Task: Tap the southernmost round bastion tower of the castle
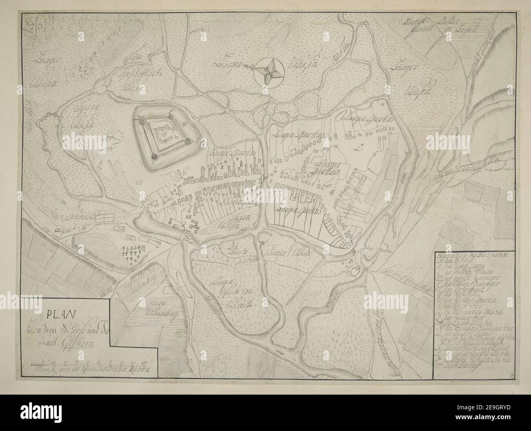pyautogui.click(x=154, y=156)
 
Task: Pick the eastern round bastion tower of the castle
pyautogui.click(x=187, y=141)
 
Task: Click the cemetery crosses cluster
pyautogui.click(x=133, y=255)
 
